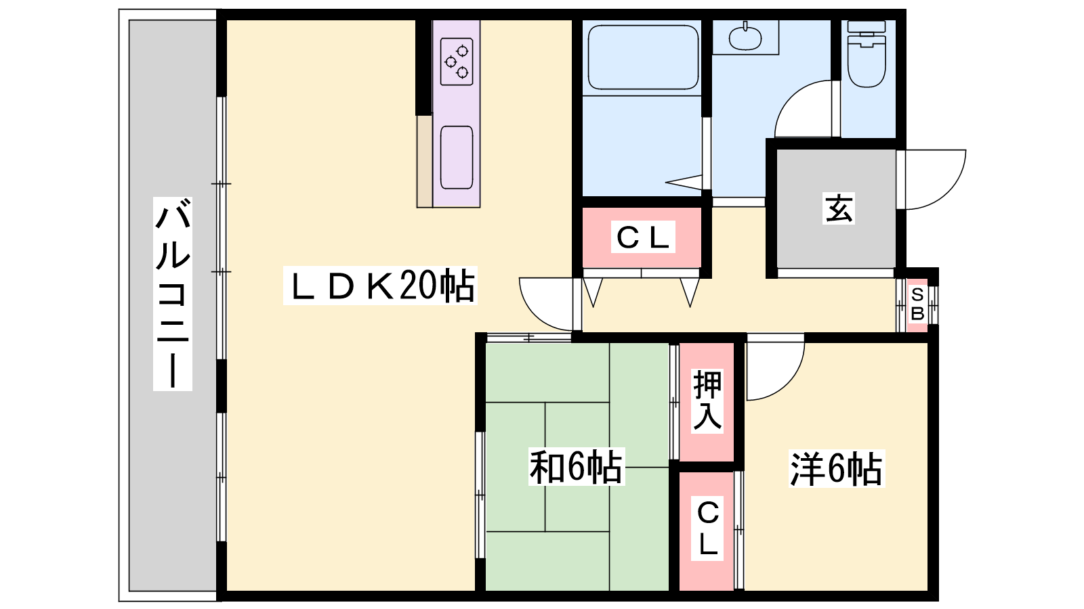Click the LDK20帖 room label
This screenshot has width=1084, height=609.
coord(380,285)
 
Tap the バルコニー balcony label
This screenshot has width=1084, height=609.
coord(173,294)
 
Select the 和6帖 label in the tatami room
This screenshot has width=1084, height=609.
coord(577,467)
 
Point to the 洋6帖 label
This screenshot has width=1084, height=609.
coord(837,468)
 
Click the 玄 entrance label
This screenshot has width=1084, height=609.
coord(839,209)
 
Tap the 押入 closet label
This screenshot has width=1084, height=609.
coord(707,401)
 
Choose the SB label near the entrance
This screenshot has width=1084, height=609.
coord(917,304)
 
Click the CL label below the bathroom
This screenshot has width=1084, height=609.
coord(643,237)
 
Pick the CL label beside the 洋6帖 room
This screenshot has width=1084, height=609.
coord(707,528)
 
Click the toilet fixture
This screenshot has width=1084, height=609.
coord(867,53)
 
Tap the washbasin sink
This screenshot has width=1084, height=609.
coord(745,36)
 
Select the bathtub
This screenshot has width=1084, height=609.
coord(643,58)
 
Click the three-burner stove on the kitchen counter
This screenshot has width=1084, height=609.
coord(457,62)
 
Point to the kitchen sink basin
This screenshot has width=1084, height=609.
coord(457,158)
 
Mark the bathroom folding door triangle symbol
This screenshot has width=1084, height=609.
coord(684,182)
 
